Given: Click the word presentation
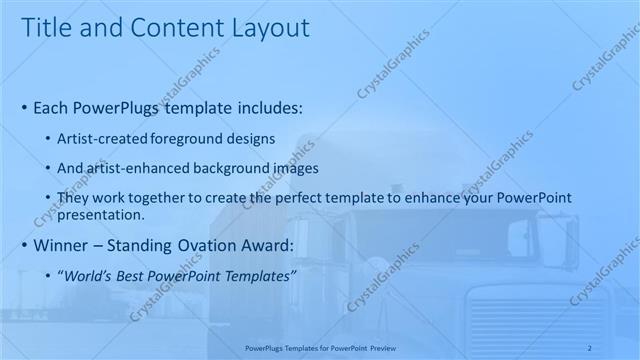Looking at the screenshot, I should [x=101, y=214].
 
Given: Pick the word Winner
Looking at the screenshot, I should [x=60, y=245].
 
